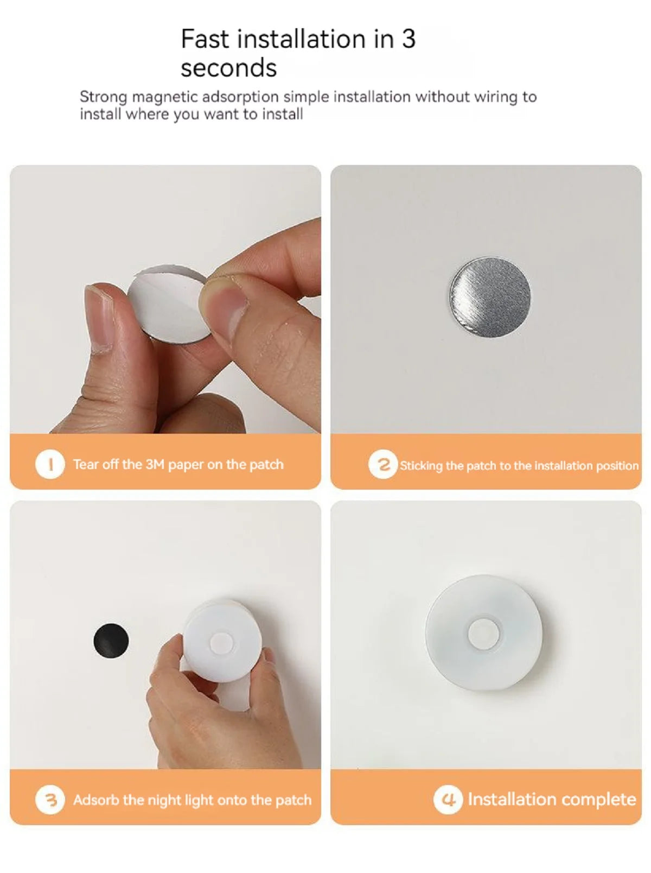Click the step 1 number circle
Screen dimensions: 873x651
pyautogui.click(x=50, y=465)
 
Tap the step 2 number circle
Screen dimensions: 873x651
pyautogui.click(x=383, y=465)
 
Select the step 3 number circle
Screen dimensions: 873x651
pyautogui.click(x=50, y=800)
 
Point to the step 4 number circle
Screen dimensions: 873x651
pyautogui.click(x=448, y=799)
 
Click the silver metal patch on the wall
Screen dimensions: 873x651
pyautogui.click(x=490, y=297)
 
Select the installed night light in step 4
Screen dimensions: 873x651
pyautogui.click(x=483, y=633)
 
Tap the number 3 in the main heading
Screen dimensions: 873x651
pyautogui.click(x=408, y=39)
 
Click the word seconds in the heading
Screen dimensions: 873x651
pyautogui.click(x=228, y=68)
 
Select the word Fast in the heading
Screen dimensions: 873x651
pyautogui.click(x=205, y=39)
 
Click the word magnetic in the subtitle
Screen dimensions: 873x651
pyautogui.click(x=164, y=97)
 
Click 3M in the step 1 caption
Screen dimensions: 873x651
pyautogui.click(x=155, y=465)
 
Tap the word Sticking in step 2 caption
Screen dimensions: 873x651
pyautogui.click(x=421, y=466)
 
